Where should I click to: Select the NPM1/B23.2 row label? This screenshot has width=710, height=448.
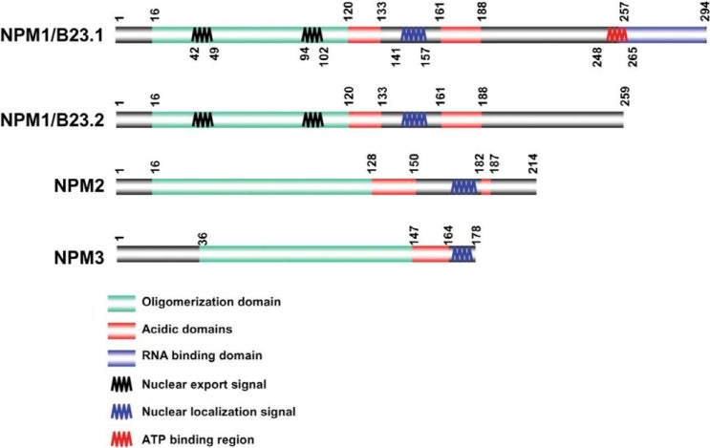55,120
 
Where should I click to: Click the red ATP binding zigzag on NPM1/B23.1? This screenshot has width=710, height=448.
616,34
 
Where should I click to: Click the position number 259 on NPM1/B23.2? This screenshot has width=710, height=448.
624,96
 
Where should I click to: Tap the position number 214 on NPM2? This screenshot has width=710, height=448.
535,164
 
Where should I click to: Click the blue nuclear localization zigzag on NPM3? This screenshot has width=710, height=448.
463,254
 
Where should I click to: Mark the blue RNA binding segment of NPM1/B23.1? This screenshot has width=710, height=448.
666,34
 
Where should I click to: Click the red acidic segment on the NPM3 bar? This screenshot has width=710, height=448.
430,254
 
